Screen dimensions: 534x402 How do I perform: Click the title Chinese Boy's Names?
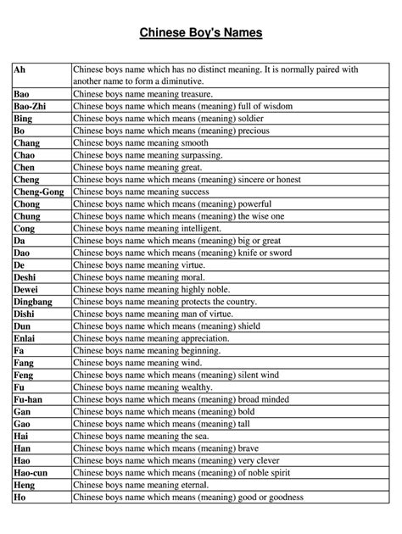(201, 33)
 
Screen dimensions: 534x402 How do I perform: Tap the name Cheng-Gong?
(38, 192)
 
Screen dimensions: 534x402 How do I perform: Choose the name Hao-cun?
(32, 471)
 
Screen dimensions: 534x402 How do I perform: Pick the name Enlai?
(25, 337)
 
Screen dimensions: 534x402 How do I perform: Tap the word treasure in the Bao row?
(193, 94)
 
